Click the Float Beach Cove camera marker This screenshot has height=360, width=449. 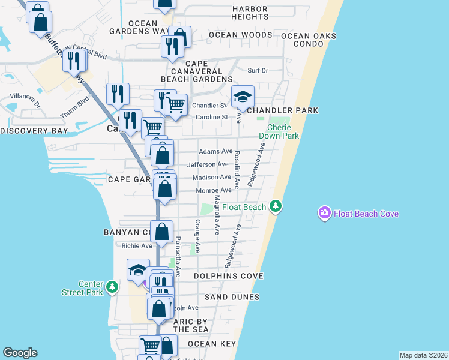tap(325, 213)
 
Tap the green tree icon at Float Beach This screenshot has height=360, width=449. tap(276, 206)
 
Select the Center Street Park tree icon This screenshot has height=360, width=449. tap(112, 287)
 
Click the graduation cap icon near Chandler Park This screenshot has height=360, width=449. tap(243, 96)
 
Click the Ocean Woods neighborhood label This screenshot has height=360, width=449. tap(241, 35)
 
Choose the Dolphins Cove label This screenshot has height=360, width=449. tap(229, 276)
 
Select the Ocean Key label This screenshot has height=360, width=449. tap(210, 344)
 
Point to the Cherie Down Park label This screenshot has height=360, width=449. tap(279, 132)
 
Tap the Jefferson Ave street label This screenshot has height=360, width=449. tap(208, 164)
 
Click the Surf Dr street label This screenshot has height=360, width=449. tap(257, 71)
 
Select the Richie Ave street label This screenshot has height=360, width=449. tap(137, 246)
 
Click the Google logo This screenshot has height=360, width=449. tap(20, 353)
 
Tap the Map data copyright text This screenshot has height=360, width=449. tap(423, 355)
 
